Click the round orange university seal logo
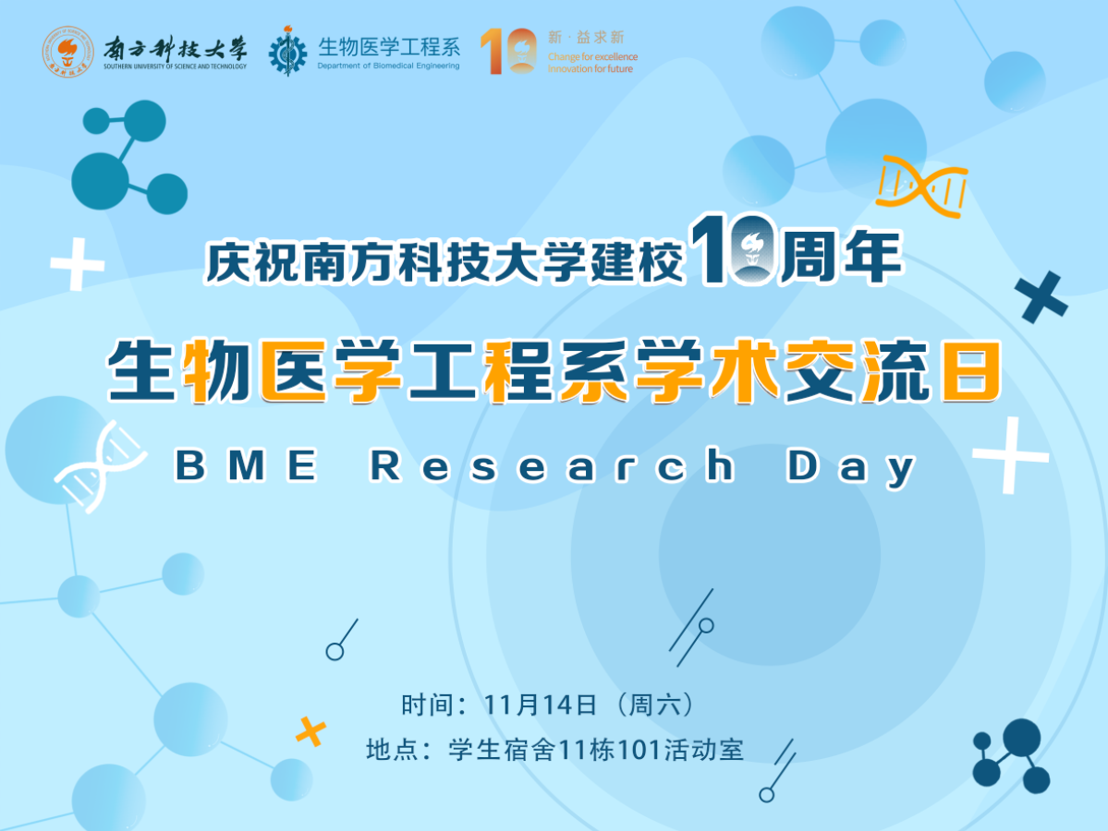[x=67, y=52]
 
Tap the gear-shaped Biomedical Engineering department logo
[x=287, y=51]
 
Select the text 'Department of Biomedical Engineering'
[x=389, y=66]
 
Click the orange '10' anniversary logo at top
[x=508, y=51]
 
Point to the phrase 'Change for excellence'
[x=592, y=57]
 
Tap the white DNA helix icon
[x=101, y=466]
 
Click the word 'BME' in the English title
[x=246, y=465]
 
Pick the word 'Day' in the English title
[x=851, y=467]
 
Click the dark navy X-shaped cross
[x=1041, y=297]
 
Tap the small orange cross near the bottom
[x=310, y=731]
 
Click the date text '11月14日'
[x=540, y=705]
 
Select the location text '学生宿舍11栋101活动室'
[x=596, y=750]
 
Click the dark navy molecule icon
[x=1010, y=756]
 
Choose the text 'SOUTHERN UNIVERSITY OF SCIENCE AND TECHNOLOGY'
[x=176, y=67]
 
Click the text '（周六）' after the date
[x=655, y=705]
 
